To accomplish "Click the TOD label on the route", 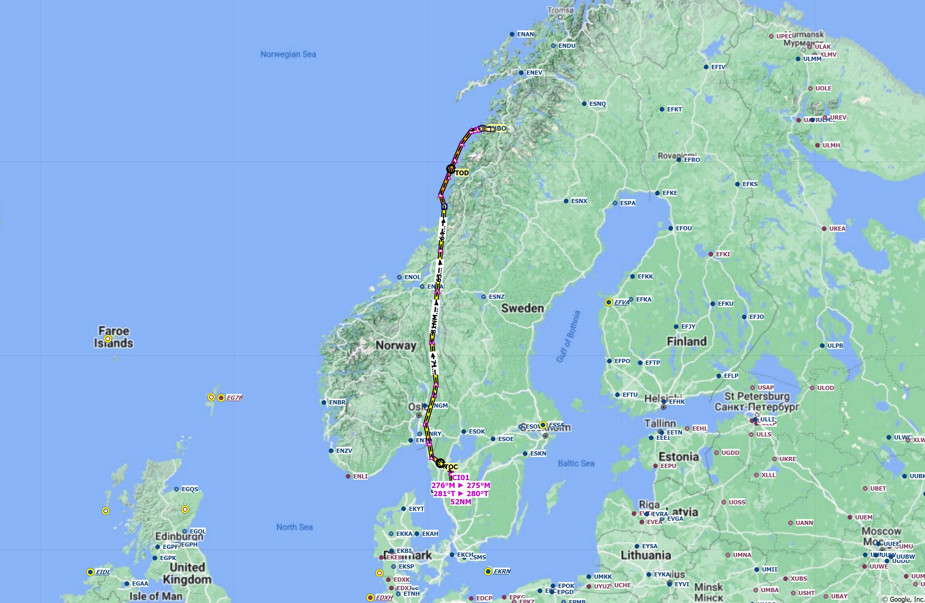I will [462, 173].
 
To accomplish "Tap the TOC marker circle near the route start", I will [440, 463].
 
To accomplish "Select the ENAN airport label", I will [525, 34].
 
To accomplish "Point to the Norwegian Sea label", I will [288, 54].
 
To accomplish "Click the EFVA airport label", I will [621, 302].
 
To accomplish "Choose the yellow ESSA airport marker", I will [543, 425].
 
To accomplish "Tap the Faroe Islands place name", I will [114, 337].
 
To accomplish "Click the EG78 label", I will [234, 398].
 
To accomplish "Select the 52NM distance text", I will [461, 502].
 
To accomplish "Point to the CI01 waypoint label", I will [461, 477].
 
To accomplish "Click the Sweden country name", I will [522, 308].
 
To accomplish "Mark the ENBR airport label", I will [337, 402].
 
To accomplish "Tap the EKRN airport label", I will [502, 572].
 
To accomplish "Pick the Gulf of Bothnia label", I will [568, 337].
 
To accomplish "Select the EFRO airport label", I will [692, 160].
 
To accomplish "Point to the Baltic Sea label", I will [576, 463].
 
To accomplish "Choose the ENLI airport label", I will [360, 477].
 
